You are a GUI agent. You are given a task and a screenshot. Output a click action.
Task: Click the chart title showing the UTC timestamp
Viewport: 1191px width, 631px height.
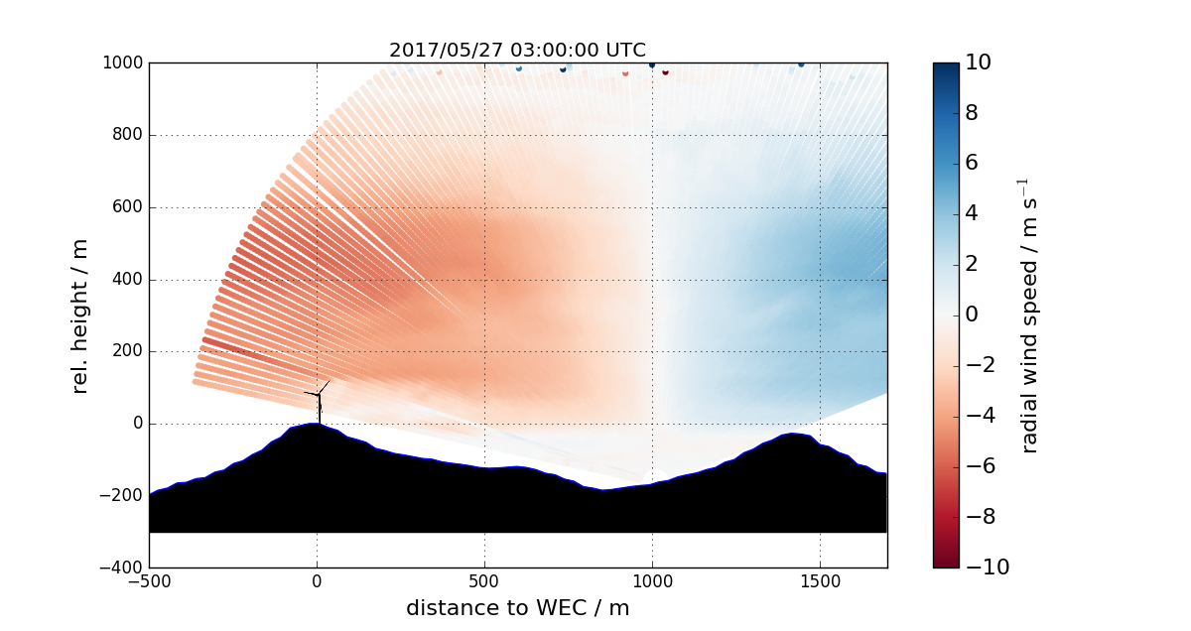(x=517, y=51)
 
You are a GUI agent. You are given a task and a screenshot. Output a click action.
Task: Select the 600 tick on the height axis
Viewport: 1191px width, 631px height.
(x=126, y=207)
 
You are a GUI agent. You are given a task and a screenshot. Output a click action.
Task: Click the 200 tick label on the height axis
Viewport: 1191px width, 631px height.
(x=126, y=351)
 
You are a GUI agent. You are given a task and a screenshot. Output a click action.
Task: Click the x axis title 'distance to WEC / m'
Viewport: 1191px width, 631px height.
(x=517, y=608)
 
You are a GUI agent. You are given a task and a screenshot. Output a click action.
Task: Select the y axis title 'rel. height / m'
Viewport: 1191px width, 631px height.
(x=80, y=315)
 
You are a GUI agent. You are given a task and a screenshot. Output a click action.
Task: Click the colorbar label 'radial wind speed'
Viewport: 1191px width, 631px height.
(x=1029, y=315)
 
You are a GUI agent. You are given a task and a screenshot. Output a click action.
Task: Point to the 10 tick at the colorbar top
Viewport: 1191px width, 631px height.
(x=979, y=63)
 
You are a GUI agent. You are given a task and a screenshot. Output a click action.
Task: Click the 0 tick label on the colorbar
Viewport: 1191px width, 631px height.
(x=972, y=315)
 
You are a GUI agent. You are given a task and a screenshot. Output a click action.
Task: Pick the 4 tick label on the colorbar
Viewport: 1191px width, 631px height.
(x=972, y=214)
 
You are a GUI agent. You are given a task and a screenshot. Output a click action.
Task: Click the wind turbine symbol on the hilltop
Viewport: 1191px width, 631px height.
(x=319, y=401)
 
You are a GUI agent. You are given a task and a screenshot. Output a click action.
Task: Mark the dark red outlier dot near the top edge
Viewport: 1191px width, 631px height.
(x=665, y=71)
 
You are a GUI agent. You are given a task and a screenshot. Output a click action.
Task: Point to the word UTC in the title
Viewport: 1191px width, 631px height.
(x=626, y=51)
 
